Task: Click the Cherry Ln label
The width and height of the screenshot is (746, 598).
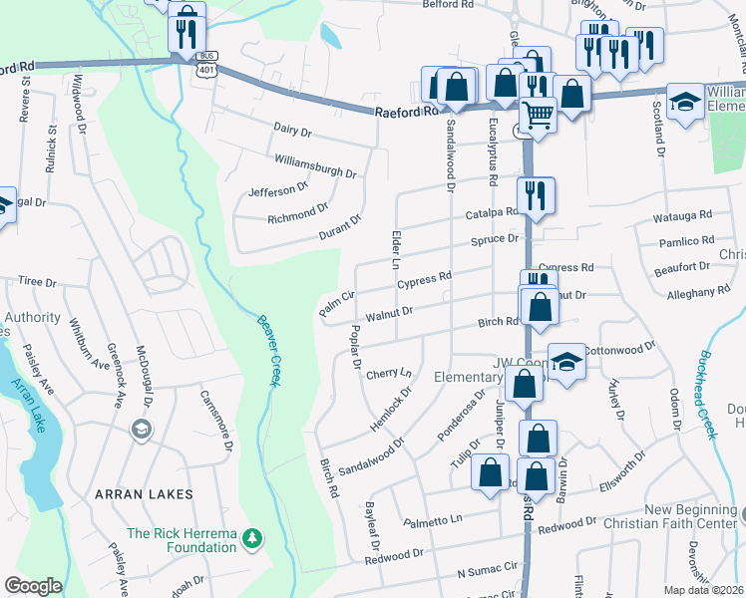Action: [x=389, y=374]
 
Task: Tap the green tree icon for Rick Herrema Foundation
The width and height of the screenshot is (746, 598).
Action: [x=253, y=539]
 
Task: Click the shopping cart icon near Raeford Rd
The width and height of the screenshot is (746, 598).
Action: [x=539, y=116]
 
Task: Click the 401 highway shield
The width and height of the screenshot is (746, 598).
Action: [x=205, y=70]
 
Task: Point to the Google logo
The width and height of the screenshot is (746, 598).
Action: [x=33, y=586]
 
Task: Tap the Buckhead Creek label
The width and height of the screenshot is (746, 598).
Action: [x=707, y=395]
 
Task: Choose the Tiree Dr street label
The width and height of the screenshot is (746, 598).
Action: [x=38, y=282]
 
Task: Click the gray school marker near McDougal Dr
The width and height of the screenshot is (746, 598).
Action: [x=142, y=428]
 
